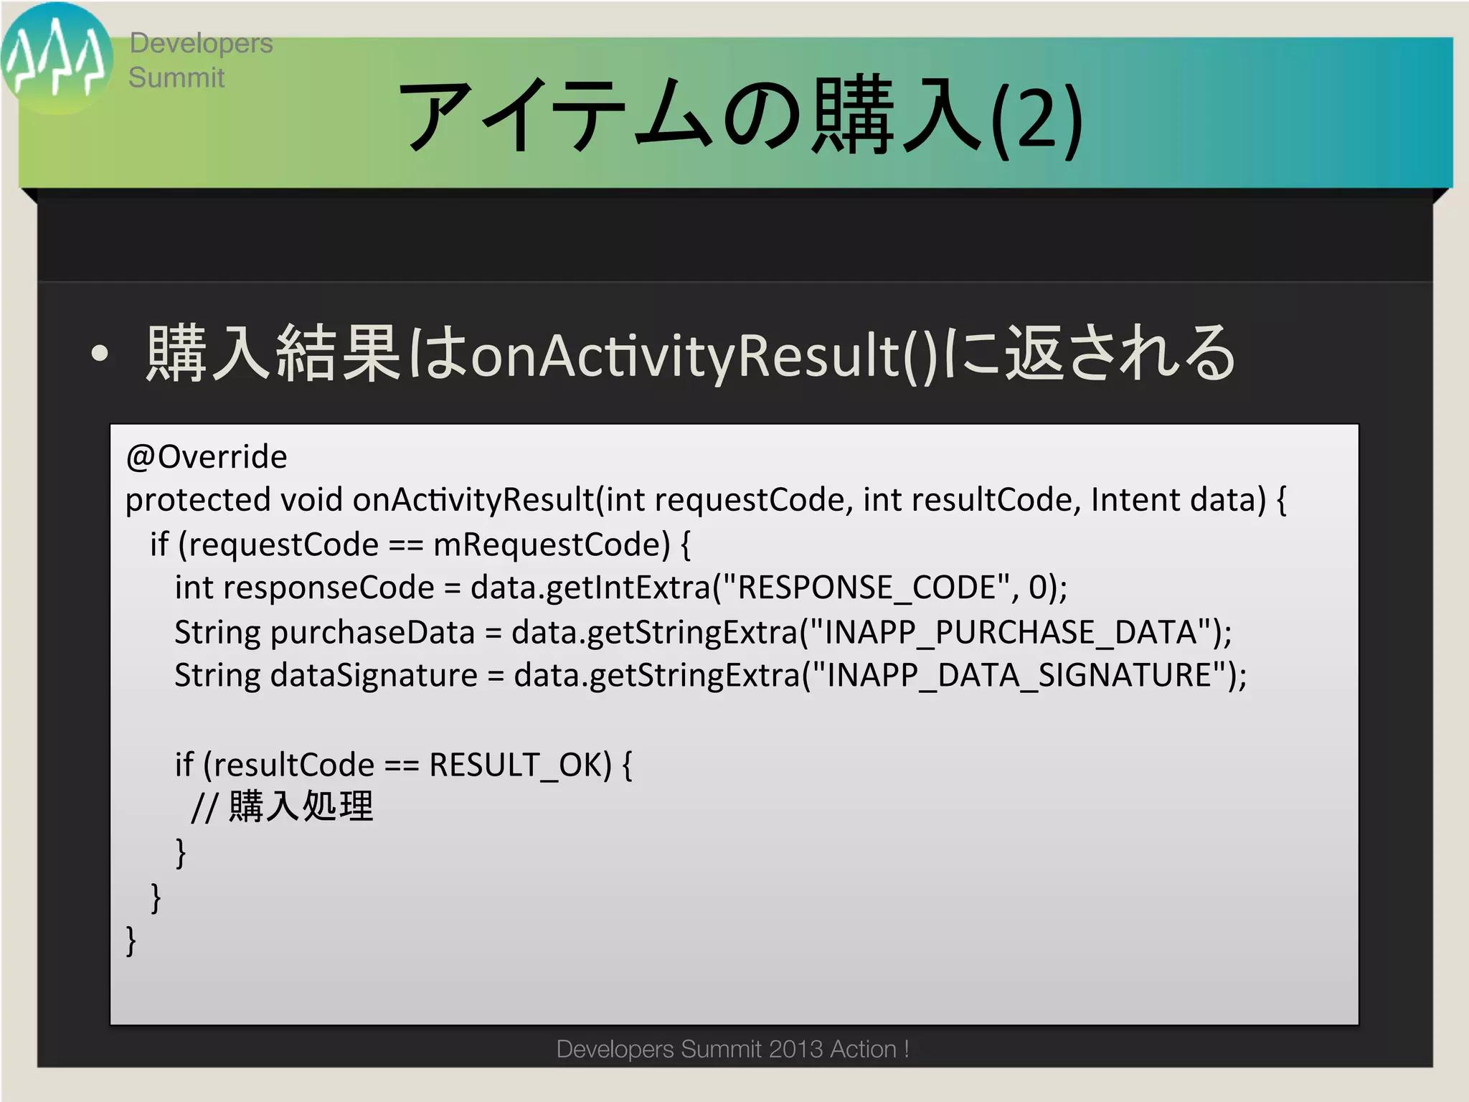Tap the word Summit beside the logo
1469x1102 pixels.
click(x=176, y=77)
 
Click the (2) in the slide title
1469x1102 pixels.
click(x=1037, y=119)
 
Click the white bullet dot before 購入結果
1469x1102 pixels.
click(x=100, y=353)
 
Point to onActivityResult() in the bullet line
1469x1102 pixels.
click(x=703, y=356)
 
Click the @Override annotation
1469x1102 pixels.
click(x=207, y=457)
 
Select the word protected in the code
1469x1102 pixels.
click(x=198, y=500)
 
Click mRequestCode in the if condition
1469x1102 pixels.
click(x=551, y=545)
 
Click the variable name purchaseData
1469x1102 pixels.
click(x=372, y=632)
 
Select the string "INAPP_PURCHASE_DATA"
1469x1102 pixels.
click(x=1011, y=632)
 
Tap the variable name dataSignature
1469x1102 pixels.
click(x=374, y=676)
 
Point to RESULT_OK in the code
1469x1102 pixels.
click(x=519, y=765)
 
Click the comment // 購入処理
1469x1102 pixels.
click(x=283, y=807)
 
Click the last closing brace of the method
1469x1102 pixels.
click(x=131, y=940)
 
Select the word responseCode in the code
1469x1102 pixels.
click(x=329, y=588)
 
